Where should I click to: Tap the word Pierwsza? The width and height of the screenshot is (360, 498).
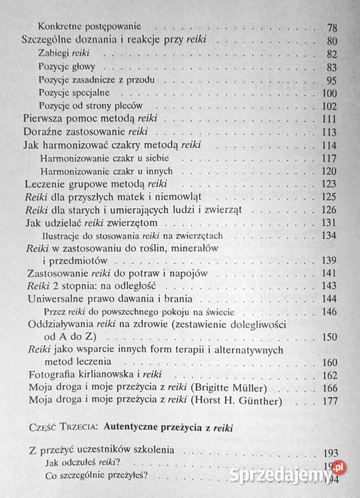[48, 119]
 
